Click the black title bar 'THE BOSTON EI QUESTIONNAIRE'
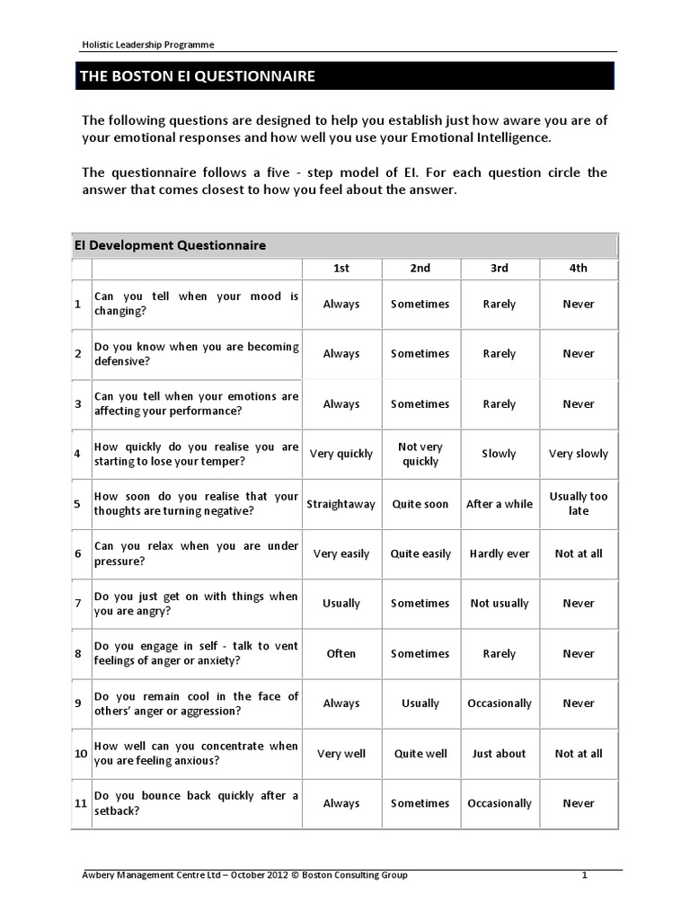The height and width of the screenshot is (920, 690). (x=344, y=75)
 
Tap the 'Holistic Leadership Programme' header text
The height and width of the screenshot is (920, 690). (x=143, y=44)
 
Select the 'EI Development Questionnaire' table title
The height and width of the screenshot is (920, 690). (x=169, y=245)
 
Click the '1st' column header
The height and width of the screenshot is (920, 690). (x=341, y=268)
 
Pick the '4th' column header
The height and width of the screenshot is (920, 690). (x=579, y=268)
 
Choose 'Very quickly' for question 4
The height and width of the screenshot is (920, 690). (x=341, y=454)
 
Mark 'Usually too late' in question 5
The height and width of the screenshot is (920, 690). (x=579, y=503)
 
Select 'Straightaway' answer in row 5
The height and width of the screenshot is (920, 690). (x=341, y=504)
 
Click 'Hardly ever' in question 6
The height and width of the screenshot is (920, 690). (x=500, y=553)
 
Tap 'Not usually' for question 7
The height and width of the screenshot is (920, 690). (x=500, y=604)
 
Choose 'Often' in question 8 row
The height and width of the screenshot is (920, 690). (x=341, y=654)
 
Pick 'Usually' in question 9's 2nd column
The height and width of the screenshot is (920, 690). (x=420, y=703)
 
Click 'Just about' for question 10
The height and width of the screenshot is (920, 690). (x=500, y=754)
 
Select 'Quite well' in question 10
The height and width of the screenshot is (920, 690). (x=420, y=754)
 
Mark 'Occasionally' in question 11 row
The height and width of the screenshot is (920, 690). (x=500, y=803)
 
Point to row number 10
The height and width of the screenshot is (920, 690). (x=80, y=754)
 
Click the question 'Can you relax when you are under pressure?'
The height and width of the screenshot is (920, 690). (x=196, y=553)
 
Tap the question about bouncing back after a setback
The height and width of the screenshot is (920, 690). (x=196, y=803)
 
